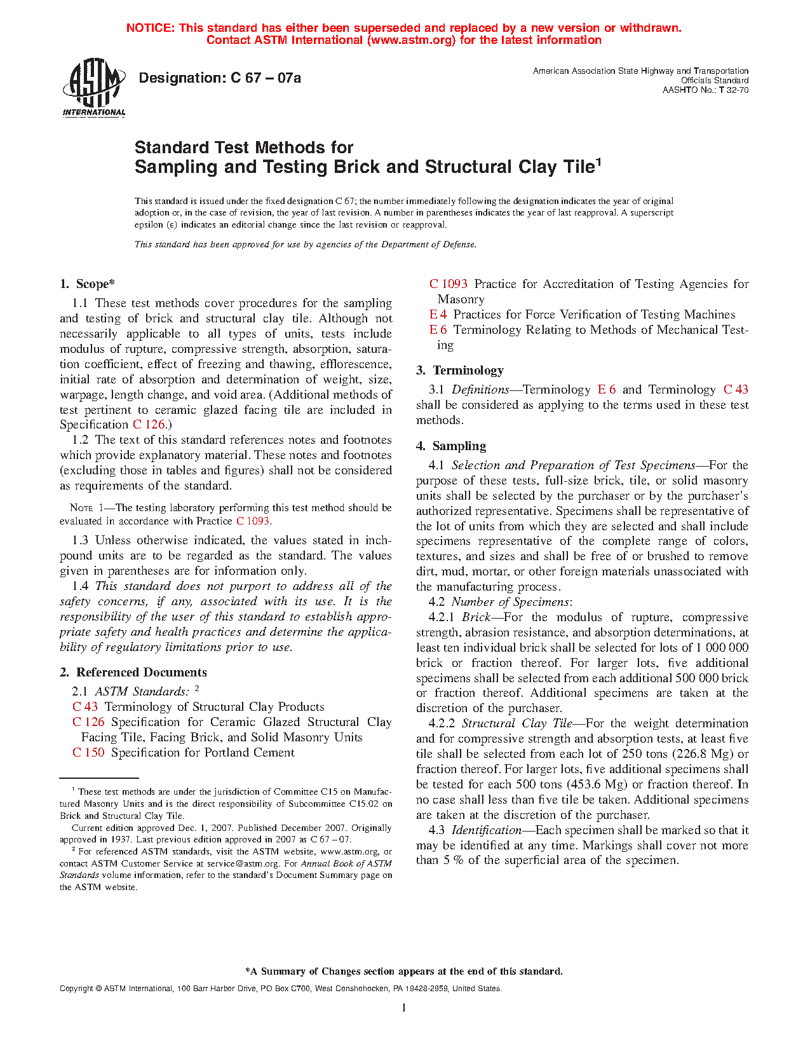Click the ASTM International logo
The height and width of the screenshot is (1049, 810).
tap(94, 88)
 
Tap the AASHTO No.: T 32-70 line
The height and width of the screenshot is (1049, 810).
tap(705, 90)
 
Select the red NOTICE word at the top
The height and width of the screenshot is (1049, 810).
tap(149, 28)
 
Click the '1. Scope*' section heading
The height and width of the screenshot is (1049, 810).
tap(87, 284)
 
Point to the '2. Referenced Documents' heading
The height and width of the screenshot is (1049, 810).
tap(133, 672)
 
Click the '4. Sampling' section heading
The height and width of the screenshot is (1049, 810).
tap(451, 446)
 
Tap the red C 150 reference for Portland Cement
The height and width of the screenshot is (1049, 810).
tap(88, 752)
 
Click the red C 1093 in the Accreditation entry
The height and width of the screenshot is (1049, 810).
tap(449, 284)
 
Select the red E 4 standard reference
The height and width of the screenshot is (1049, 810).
tap(438, 315)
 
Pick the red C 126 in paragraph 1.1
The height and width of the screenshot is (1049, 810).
tap(149, 425)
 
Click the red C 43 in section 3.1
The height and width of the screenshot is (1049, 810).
tap(736, 389)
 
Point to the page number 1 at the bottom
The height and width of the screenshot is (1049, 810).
tap(404, 1008)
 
